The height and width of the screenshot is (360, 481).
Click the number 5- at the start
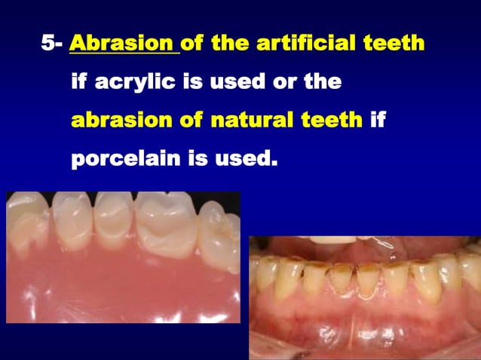click(51, 44)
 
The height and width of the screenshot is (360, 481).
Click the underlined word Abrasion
click(123, 44)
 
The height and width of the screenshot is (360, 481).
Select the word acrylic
click(133, 82)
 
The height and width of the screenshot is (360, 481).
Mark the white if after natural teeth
click(378, 120)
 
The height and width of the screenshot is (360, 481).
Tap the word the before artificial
click(230, 44)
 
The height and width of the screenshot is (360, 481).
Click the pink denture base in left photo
click(113, 286)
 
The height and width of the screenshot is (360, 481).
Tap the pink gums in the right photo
click(362, 331)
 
